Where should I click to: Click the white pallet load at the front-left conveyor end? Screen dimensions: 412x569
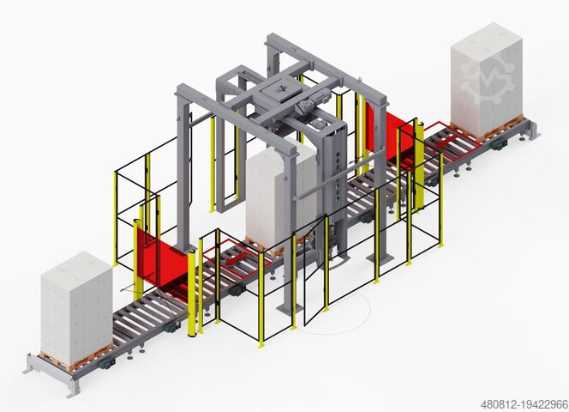click(x=75, y=305)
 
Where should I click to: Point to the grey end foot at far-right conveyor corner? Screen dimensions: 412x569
click(x=531, y=130)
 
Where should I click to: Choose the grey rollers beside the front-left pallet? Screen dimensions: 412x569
click(x=146, y=313)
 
